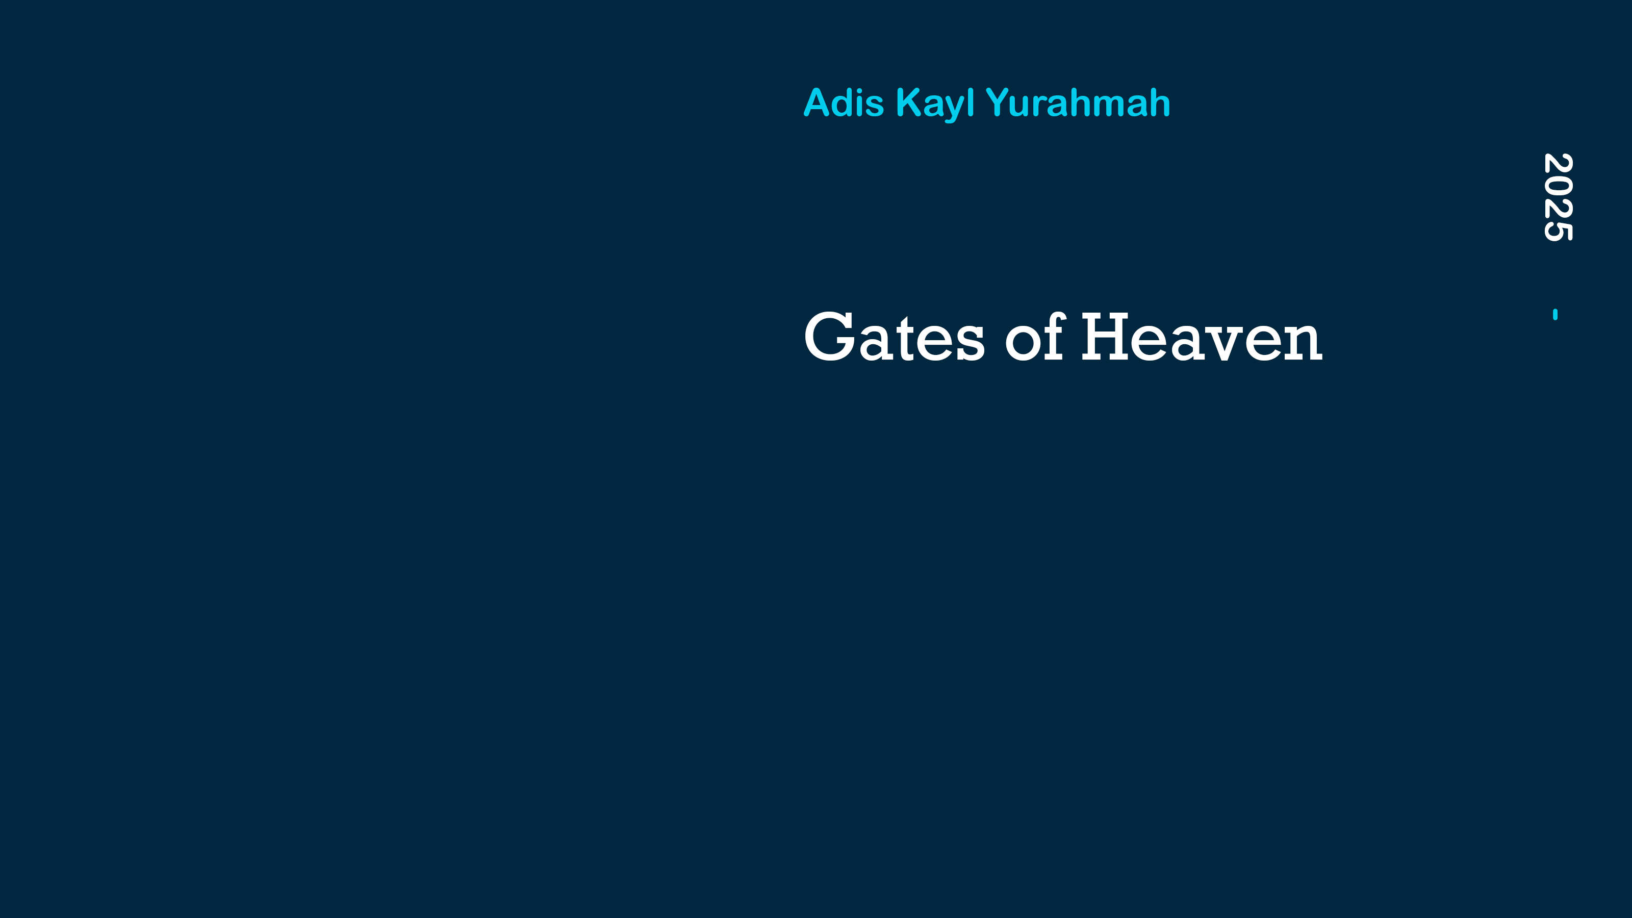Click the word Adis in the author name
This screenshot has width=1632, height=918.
(843, 102)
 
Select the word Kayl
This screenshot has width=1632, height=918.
(935, 105)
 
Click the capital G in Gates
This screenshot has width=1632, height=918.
(830, 337)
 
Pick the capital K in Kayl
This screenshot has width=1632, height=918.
(909, 102)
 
